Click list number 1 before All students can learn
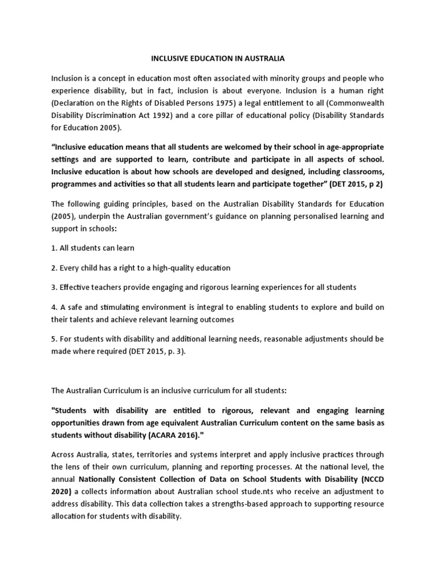tap(54, 248)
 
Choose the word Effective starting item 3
tap(77, 287)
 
